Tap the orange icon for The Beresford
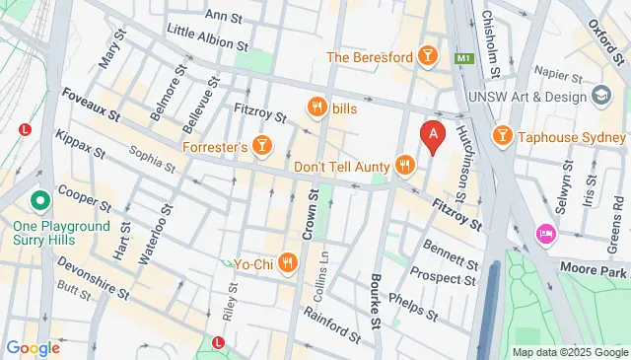pyautogui.click(x=428, y=56)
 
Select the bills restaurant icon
pyautogui.click(x=316, y=107)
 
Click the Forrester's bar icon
pyautogui.click(x=261, y=147)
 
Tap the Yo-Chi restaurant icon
pyautogui.click(x=287, y=261)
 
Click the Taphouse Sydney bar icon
pyautogui.click(x=502, y=133)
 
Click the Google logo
pyautogui.click(x=33, y=347)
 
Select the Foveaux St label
pyautogui.click(x=91, y=104)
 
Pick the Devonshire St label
pyautogui.click(x=94, y=253)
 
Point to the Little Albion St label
pyautogui.click(x=207, y=37)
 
